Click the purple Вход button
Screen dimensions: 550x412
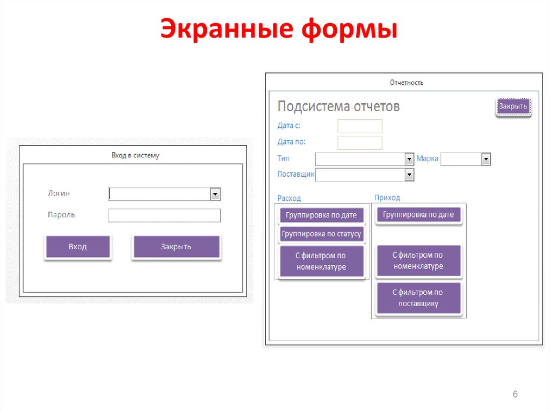[78, 247]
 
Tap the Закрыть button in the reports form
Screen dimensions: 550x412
[513, 106]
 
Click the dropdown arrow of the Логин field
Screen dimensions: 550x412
[215, 194]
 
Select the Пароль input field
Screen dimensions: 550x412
[164, 215]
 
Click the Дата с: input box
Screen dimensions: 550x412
[360, 126]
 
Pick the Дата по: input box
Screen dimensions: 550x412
[360, 143]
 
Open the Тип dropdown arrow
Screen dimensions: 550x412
[409, 160]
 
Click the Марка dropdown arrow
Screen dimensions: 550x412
[486, 160]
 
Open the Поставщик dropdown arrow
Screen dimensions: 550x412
[409, 175]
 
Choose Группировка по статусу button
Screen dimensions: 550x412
[321, 234]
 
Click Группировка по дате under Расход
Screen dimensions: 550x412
[321, 215]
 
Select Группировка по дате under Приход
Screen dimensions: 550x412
[418, 215]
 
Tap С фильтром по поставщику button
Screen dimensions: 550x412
[418, 298]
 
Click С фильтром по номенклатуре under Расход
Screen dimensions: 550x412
[321, 261]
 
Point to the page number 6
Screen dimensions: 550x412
[515, 394]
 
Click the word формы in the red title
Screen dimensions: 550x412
[350, 30]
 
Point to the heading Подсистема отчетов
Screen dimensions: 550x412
[338, 106]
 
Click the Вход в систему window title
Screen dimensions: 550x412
[135, 155]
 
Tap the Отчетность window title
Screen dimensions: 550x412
[407, 83]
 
